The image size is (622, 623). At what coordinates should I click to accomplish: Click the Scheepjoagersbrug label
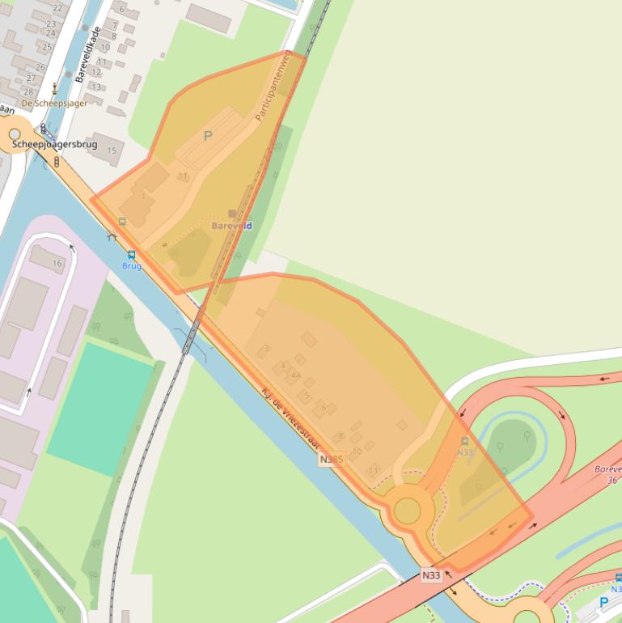click(54, 144)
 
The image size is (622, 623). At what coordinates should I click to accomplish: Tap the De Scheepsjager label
click(54, 104)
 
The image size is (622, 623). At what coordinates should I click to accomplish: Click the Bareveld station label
click(232, 226)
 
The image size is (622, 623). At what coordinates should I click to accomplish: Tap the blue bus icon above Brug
click(132, 255)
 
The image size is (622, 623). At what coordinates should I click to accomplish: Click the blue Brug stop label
click(132, 265)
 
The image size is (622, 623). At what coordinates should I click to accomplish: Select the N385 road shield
click(331, 460)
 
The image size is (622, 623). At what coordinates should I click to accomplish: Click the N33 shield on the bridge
click(431, 576)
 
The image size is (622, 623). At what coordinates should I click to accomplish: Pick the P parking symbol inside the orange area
click(208, 137)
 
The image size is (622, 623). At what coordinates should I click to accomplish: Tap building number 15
click(112, 150)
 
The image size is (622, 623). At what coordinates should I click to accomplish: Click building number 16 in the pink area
click(57, 263)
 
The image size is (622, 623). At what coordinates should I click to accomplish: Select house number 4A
click(295, 375)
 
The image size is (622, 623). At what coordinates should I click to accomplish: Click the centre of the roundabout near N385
click(407, 511)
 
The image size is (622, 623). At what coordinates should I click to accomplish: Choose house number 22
click(57, 7)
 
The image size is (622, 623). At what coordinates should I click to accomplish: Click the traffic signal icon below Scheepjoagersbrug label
click(57, 162)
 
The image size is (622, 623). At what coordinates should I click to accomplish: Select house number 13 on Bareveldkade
click(96, 87)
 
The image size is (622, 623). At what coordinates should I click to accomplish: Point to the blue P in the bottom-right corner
click(603, 603)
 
